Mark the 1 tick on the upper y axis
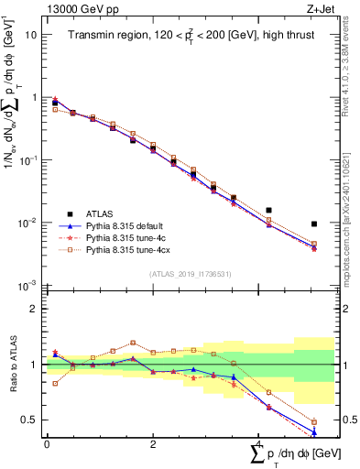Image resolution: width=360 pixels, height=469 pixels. click(x=33, y=97)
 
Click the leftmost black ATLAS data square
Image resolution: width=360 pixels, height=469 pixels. click(x=55, y=103)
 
